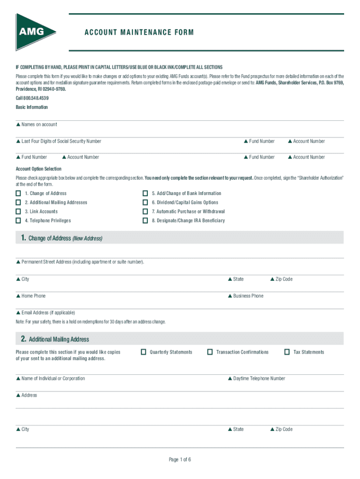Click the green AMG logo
click(35, 32)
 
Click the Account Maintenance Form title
click(139, 32)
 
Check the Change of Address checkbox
click(18, 193)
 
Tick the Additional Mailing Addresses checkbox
click(18, 203)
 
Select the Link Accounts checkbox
click(18, 211)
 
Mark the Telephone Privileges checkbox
click(18, 220)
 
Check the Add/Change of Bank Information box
click(145, 193)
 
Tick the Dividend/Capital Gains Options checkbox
click(145, 203)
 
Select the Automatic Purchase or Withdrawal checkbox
click(145, 211)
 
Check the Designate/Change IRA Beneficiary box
click(145, 220)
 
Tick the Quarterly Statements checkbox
click(144, 352)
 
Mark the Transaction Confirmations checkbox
click(210, 352)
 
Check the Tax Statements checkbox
click(287, 352)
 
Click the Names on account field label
click(39, 124)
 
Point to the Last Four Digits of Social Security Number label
click(61, 141)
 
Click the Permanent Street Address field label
click(82, 262)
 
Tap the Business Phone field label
click(248, 296)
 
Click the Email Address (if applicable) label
click(48, 312)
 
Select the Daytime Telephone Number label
click(259, 378)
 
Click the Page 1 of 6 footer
click(180, 459)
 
